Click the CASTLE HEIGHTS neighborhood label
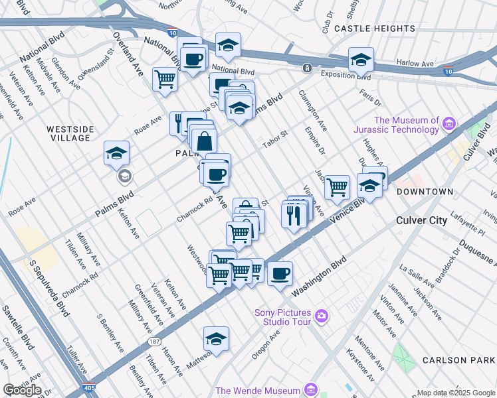coord(375,29)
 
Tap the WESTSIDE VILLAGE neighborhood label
coord(68,133)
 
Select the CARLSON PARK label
coord(458,360)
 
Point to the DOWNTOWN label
coord(424,192)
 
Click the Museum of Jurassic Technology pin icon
coord(449,124)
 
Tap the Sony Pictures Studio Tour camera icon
coord(322,314)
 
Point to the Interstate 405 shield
coord(88,387)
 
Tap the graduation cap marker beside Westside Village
coord(116,154)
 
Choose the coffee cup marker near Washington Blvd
coord(280,273)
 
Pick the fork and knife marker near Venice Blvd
coord(293,214)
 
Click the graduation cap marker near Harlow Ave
coord(361,60)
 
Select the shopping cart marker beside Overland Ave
coord(165,79)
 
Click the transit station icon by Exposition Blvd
coord(307,68)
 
